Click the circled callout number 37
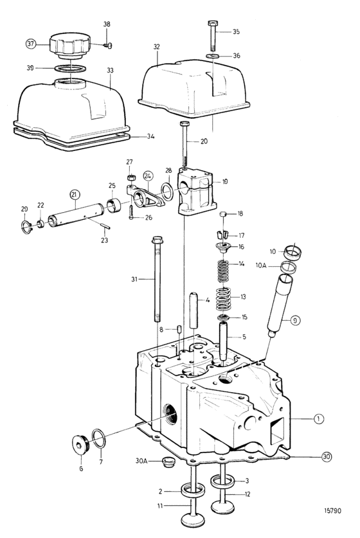[x=32, y=44]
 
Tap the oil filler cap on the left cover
[x=69, y=46]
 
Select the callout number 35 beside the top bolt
[x=236, y=32]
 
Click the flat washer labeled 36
[x=213, y=55]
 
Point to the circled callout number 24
[x=148, y=176]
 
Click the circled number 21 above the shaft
[x=75, y=195]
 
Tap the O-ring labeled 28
[x=167, y=192]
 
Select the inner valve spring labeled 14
[x=224, y=269]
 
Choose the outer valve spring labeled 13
[x=224, y=298]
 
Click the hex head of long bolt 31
[x=157, y=240]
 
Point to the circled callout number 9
[x=295, y=321]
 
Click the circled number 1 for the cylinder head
[x=319, y=418]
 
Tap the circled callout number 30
[x=327, y=456]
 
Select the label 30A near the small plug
[x=141, y=461]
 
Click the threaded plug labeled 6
[x=80, y=445]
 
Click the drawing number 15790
[x=332, y=511]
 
